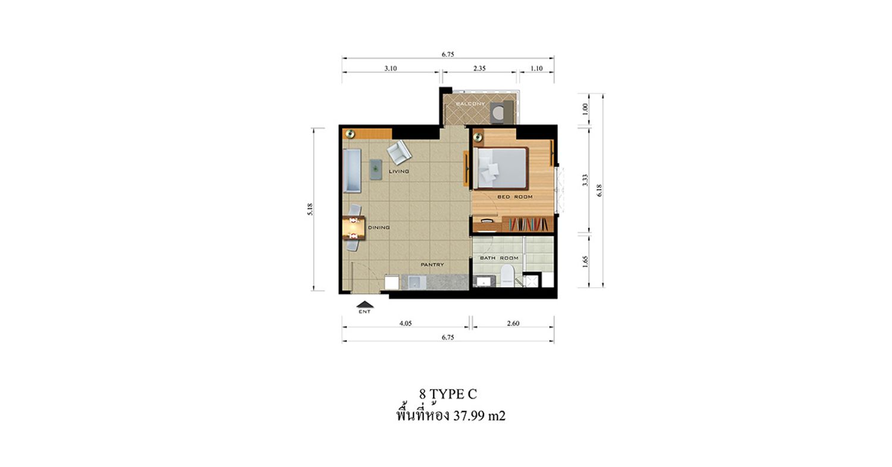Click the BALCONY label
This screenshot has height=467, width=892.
tap(470, 104)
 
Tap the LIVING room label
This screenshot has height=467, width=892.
tap(399, 171)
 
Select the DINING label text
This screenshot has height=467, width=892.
tap(379, 227)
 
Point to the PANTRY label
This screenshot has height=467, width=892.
tap(432, 265)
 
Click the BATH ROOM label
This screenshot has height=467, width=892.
tap(499, 258)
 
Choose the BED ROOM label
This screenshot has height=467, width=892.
tap(515, 197)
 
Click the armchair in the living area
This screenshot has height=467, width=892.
tap(399, 152)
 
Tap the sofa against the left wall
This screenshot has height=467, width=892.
tap(352, 171)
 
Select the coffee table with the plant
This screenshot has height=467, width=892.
tap(376, 170)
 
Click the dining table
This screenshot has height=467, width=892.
tap(76, 228)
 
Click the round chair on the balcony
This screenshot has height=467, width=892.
tap(498, 114)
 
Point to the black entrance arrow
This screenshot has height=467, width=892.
tap(365, 305)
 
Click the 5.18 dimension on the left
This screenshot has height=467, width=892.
tap(310, 209)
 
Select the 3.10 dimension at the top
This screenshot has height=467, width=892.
tap(391, 68)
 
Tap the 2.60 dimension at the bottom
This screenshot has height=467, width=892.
tap(513, 323)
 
